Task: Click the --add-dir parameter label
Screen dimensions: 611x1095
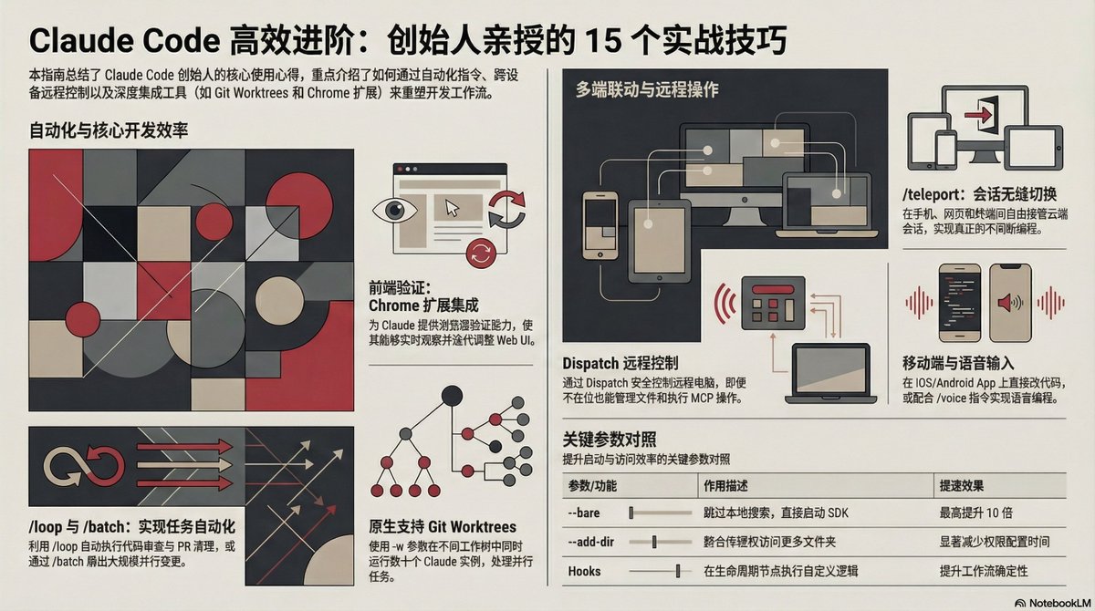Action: (590, 543)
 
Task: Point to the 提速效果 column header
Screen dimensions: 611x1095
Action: (962, 486)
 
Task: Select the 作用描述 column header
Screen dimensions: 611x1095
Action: (726, 486)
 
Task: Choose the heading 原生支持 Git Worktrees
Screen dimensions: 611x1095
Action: (443, 527)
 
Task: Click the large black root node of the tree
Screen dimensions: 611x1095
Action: (450, 396)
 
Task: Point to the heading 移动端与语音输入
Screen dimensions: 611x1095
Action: (958, 363)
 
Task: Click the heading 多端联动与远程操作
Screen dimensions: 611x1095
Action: (647, 90)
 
